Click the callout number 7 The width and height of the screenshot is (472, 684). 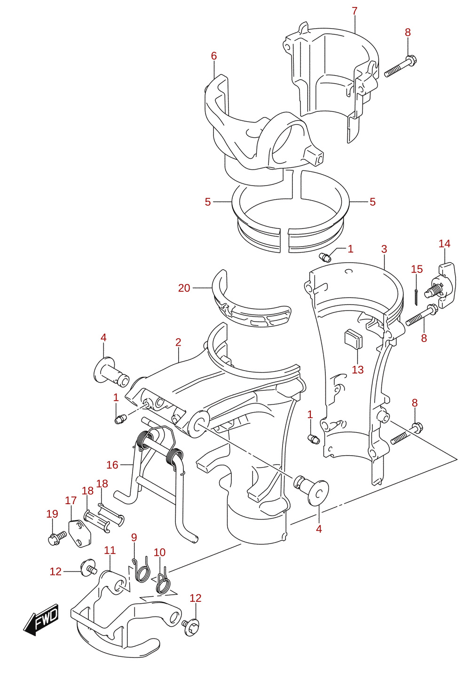click(x=354, y=11)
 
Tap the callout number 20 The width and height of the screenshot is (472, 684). click(x=184, y=288)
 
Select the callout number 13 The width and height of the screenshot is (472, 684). click(x=358, y=370)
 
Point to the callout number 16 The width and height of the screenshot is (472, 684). click(x=112, y=465)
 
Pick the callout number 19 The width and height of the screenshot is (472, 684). click(x=52, y=513)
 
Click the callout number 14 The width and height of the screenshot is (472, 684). click(x=445, y=243)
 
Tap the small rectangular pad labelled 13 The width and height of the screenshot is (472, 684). click(x=354, y=338)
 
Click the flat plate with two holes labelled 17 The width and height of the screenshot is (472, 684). click(x=80, y=534)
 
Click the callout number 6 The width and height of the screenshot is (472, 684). click(x=214, y=56)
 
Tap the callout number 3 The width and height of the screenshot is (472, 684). click(x=384, y=249)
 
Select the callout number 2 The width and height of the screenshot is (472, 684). click(x=179, y=342)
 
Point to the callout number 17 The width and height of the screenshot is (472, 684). click(x=71, y=500)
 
